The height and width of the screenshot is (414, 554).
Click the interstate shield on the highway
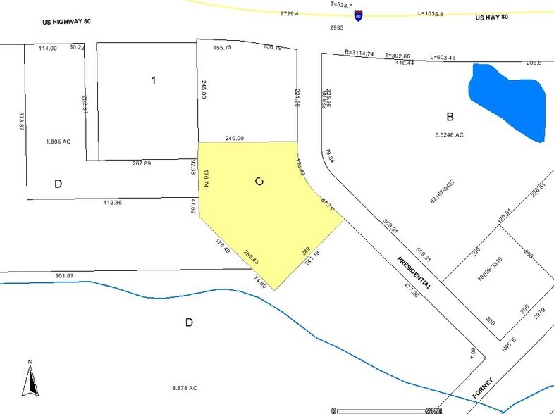click(359, 15)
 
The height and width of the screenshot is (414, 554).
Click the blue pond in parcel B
click(507, 101)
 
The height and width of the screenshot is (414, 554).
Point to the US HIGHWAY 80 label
click(66, 22)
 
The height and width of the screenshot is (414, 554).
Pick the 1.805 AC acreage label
click(58, 141)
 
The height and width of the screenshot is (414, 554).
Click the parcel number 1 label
click(153, 80)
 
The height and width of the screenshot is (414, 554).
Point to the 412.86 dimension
click(112, 203)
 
